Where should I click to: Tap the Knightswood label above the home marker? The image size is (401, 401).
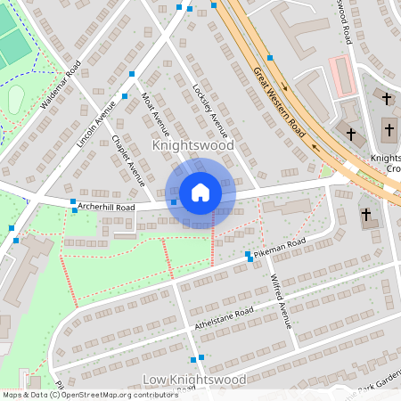(x=192, y=144)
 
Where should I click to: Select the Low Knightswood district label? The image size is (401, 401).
(x=194, y=380)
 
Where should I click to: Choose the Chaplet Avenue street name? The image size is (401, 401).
(x=128, y=160)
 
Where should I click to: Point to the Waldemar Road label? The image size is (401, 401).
(x=61, y=85)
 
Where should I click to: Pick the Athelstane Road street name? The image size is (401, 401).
(x=224, y=318)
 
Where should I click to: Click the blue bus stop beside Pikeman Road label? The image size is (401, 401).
(x=248, y=255)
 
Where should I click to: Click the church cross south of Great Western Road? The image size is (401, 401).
(x=365, y=215)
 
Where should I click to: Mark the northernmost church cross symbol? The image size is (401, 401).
(x=387, y=97)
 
